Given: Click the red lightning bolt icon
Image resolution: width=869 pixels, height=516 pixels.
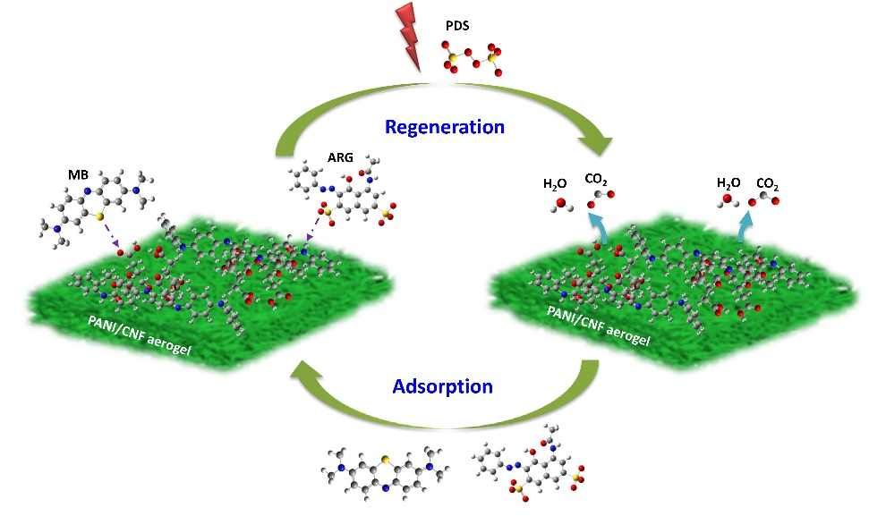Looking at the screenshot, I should pos(405,37).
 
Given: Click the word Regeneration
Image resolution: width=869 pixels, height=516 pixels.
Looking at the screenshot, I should pos(445,126).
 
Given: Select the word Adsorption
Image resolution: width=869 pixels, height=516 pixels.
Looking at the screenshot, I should pos(442,386).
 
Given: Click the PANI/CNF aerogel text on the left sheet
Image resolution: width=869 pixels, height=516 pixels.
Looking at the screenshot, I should pos(140,337).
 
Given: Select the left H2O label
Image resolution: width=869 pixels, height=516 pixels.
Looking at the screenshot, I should pos(556,184).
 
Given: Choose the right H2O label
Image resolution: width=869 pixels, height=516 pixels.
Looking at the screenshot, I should pos(728,182).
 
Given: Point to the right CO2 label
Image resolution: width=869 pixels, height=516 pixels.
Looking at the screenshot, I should pos(767,184).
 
